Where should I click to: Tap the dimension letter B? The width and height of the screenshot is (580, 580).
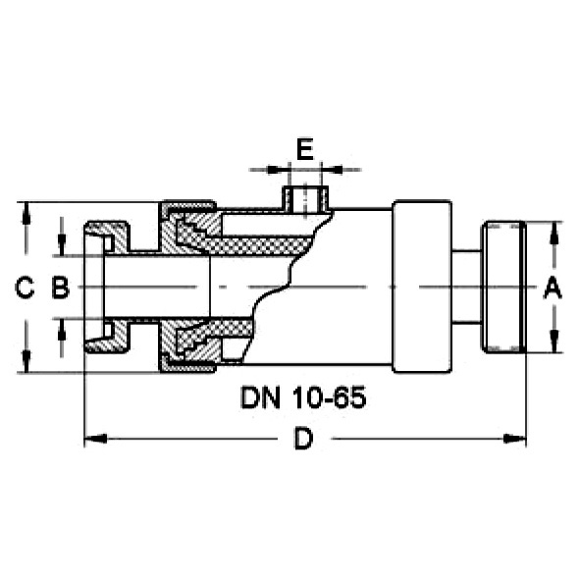pyautogui.click(x=60, y=288)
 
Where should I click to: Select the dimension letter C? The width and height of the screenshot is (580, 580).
pyautogui.click(x=25, y=288)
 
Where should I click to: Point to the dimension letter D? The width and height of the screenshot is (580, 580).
pyautogui.click(x=303, y=439)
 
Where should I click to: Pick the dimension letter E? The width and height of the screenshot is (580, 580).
pyautogui.click(x=305, y=149)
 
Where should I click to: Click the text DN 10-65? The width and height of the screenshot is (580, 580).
pyautogui.click(x=303, y=397)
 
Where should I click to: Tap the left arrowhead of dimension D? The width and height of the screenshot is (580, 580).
pyautogui.click(x=95, y=439)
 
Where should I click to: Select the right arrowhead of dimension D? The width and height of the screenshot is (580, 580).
pyautogui.click(x=515, y=439)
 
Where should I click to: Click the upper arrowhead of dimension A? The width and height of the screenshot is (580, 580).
pyautogui.click(x=554, y=233)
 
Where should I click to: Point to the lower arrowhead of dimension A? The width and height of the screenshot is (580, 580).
pyautogui.click(x=554, y=342)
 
